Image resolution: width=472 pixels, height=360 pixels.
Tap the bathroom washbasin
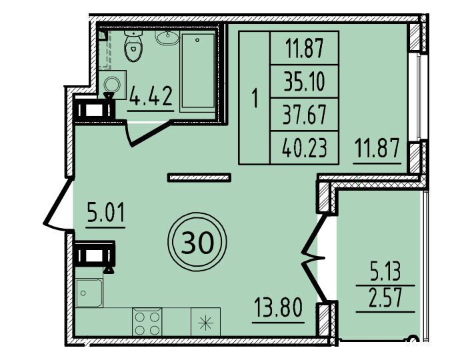point(167,37)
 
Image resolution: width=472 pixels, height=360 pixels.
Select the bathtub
point(198,71)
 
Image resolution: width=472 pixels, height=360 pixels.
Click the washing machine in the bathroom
point(113,84)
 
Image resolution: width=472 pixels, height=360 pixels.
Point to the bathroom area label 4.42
point(151,96)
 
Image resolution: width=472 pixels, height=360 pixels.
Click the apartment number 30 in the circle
point(197,243)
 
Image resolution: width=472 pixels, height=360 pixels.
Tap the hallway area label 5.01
point(105,212)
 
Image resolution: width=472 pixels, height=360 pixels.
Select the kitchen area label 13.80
point(277,307)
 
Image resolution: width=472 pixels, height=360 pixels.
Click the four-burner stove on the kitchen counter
point(147,321)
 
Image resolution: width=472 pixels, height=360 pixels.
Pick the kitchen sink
point(89,293)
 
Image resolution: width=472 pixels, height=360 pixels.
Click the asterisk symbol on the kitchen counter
point(205,323)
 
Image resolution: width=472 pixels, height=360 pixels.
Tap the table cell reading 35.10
point(304,81)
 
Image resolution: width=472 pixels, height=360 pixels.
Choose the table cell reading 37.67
point(304,115)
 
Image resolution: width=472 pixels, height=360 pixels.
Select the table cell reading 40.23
point(304,148)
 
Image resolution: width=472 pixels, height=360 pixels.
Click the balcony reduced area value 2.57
point(385,298)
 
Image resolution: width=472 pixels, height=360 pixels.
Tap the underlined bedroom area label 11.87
point(377,148)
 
